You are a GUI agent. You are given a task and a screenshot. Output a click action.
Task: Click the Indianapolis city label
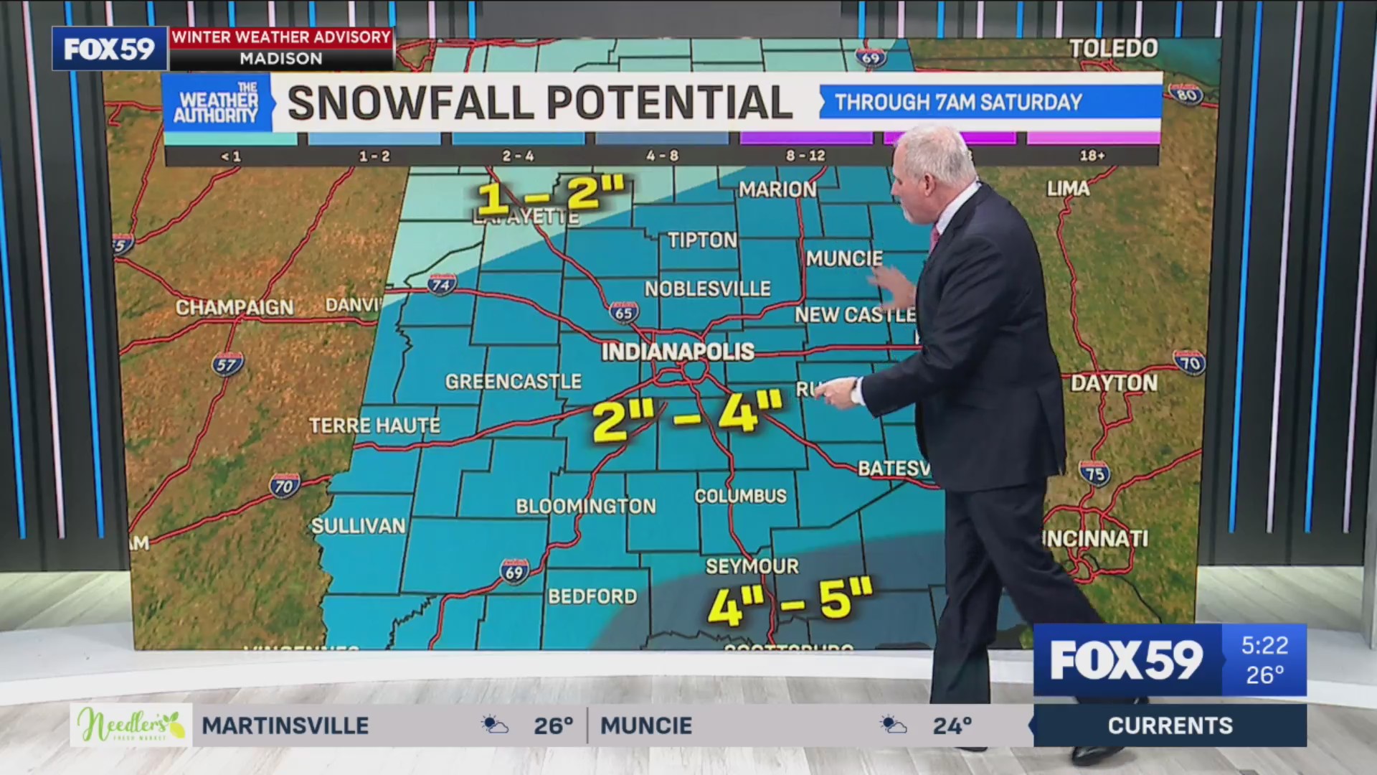(677, 352)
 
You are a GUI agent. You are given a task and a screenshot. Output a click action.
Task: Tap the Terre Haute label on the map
(374, 426)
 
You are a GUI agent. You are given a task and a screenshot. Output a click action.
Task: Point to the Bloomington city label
(585, 506)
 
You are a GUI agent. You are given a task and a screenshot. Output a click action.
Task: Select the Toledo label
(1113, 49)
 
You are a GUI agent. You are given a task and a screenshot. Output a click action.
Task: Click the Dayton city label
(1113, 383)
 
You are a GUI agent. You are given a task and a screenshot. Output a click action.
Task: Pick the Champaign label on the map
(235, 308)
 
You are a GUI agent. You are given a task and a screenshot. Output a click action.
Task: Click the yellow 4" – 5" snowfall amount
(789, 601)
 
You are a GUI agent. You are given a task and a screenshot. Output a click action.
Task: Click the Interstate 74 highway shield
(441, 285)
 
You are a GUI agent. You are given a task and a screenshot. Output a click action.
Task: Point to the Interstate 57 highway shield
(227, 364)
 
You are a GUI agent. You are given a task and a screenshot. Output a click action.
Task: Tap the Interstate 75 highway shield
(1094, 473)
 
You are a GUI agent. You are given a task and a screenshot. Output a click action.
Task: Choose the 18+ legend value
(1092, 156)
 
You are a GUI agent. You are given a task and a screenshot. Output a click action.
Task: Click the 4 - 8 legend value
(661, 156)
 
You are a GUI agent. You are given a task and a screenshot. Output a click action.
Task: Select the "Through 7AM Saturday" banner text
(958, 103)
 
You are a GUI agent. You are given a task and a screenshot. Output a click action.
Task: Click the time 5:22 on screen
(1264, 646)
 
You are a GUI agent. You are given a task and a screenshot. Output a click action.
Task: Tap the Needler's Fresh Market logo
(131, 725)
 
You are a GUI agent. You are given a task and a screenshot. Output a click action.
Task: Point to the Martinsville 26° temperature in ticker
(553, 725)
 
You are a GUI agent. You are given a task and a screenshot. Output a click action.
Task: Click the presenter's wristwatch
(856, 392)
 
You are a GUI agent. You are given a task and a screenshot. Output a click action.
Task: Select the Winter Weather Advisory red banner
(281, 37)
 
